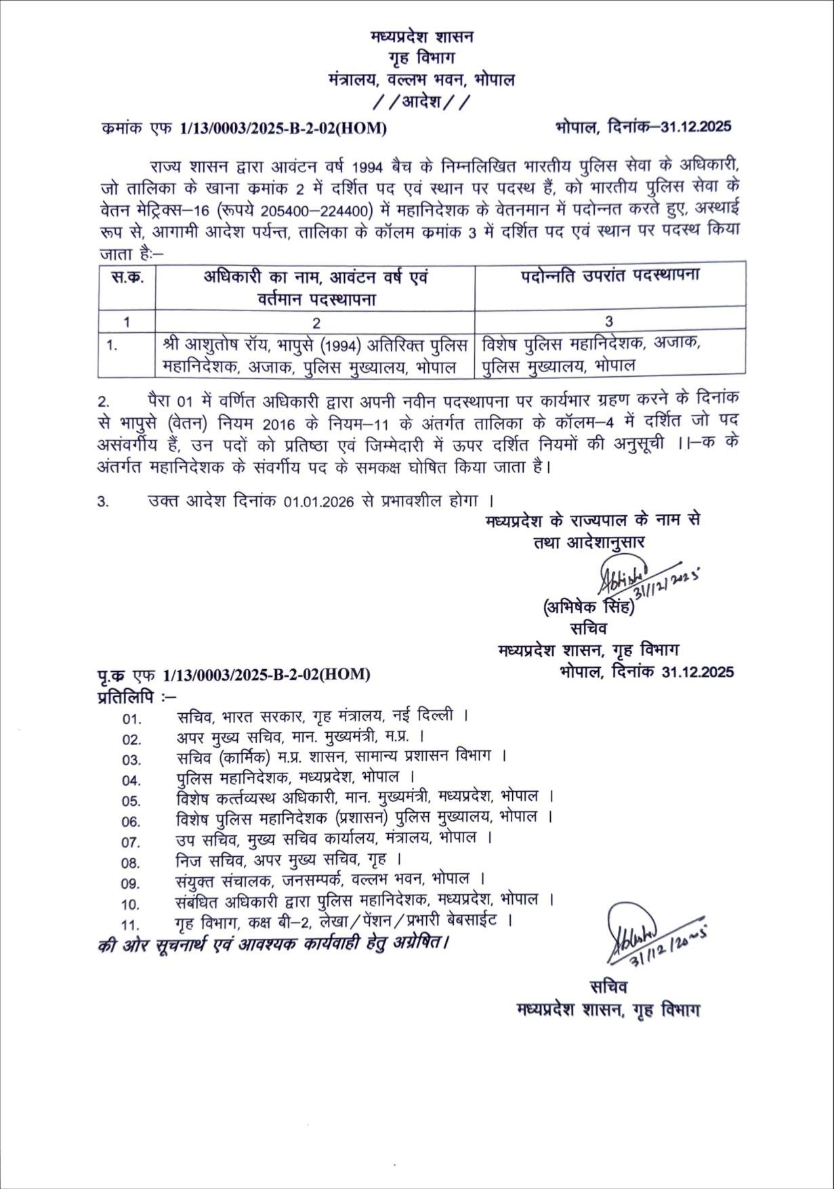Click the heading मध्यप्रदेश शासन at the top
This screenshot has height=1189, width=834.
tap(422, 37)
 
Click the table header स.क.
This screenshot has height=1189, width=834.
tap(127, 277)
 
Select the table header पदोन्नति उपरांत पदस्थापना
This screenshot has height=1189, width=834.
tap(610, 276)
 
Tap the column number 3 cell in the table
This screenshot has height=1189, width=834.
tap(609, 321)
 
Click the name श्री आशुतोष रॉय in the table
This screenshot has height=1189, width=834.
tap(217, 345)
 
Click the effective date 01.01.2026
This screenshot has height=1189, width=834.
tap(318, 502)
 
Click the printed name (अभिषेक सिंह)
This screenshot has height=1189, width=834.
tap(588, 608)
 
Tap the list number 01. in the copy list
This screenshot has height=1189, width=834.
tap(131, 719)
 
